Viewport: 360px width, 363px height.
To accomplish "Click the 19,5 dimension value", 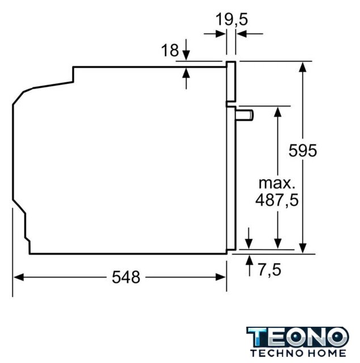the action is (232, 19).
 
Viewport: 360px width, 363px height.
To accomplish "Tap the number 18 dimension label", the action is (170, 50).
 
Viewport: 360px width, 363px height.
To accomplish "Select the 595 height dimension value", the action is (303, 150).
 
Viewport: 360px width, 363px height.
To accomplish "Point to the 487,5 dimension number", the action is (277, 200).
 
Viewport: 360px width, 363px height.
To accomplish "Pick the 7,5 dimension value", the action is (269, 270).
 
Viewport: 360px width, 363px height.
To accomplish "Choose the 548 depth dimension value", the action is (126, 277).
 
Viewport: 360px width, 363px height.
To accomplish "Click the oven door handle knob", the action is (244, 115).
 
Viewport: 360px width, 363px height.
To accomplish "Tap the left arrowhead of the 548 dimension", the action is (19, 277).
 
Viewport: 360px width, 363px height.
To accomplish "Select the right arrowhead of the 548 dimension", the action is (221, 277).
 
